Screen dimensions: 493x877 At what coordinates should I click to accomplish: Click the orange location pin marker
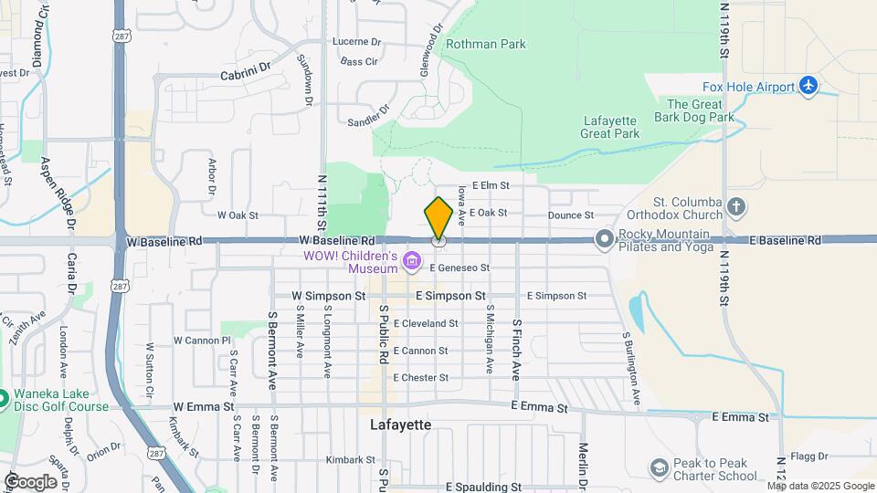(438, 218)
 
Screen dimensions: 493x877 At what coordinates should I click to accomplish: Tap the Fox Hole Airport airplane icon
(808, 86)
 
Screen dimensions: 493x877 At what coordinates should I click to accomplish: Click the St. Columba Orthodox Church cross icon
(737, 207)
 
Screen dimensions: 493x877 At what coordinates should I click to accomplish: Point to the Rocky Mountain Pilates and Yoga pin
(603, 239)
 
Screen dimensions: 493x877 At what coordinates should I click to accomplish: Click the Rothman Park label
(485, 44)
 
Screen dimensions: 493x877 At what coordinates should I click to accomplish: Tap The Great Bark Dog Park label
(694, 110)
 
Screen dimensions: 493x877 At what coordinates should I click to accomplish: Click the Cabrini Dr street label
(246, 67)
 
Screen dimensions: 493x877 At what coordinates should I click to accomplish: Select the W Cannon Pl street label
(202, 340)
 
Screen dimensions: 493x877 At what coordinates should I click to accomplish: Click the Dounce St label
(572, 215)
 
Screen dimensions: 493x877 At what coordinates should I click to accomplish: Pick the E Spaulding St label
(483, 488)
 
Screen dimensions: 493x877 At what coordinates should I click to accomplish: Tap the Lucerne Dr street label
(356, 42)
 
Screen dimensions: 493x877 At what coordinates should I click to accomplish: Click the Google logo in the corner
(30, 481)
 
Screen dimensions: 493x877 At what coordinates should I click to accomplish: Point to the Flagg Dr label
(809, 456)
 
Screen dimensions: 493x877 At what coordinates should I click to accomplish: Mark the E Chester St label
(420, 377)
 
